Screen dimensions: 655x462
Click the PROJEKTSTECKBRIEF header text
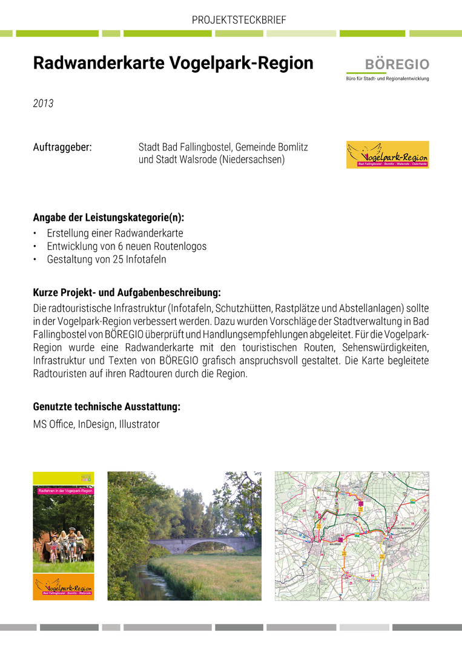(239, 20)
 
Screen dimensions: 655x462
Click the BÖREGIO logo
(388, 69)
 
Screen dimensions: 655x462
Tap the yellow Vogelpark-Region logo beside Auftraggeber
(388, 155)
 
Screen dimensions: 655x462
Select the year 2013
(43, 104)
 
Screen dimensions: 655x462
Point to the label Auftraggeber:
(62, 147)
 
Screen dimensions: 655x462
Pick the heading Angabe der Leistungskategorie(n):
(108, 217)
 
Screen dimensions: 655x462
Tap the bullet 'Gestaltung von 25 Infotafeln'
(106, 260)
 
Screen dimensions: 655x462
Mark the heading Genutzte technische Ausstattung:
(107, 406)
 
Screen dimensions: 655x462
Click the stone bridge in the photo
(200, 544)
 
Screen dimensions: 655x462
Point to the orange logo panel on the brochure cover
(64, 586)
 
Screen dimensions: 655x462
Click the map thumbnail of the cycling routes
(352, 536)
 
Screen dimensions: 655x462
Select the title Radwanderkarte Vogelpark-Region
(173, 64)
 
